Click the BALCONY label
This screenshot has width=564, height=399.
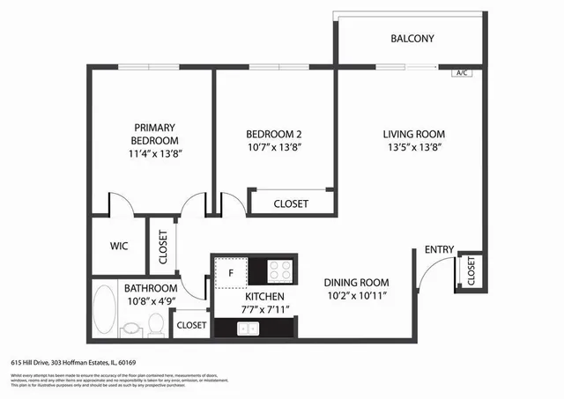point(412,39)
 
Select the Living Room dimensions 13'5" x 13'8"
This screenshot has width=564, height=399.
point(412,147)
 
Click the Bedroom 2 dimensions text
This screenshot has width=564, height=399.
point(274,147)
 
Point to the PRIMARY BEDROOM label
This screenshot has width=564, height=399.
point(155,134)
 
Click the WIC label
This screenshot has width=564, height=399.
point(119,247)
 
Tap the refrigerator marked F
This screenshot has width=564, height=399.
point(231,271)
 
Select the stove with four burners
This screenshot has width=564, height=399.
point(280,270)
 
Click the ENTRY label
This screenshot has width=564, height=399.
point(439,250)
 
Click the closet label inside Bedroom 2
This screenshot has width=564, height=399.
point(291,203)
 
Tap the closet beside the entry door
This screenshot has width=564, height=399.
point(469,272)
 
